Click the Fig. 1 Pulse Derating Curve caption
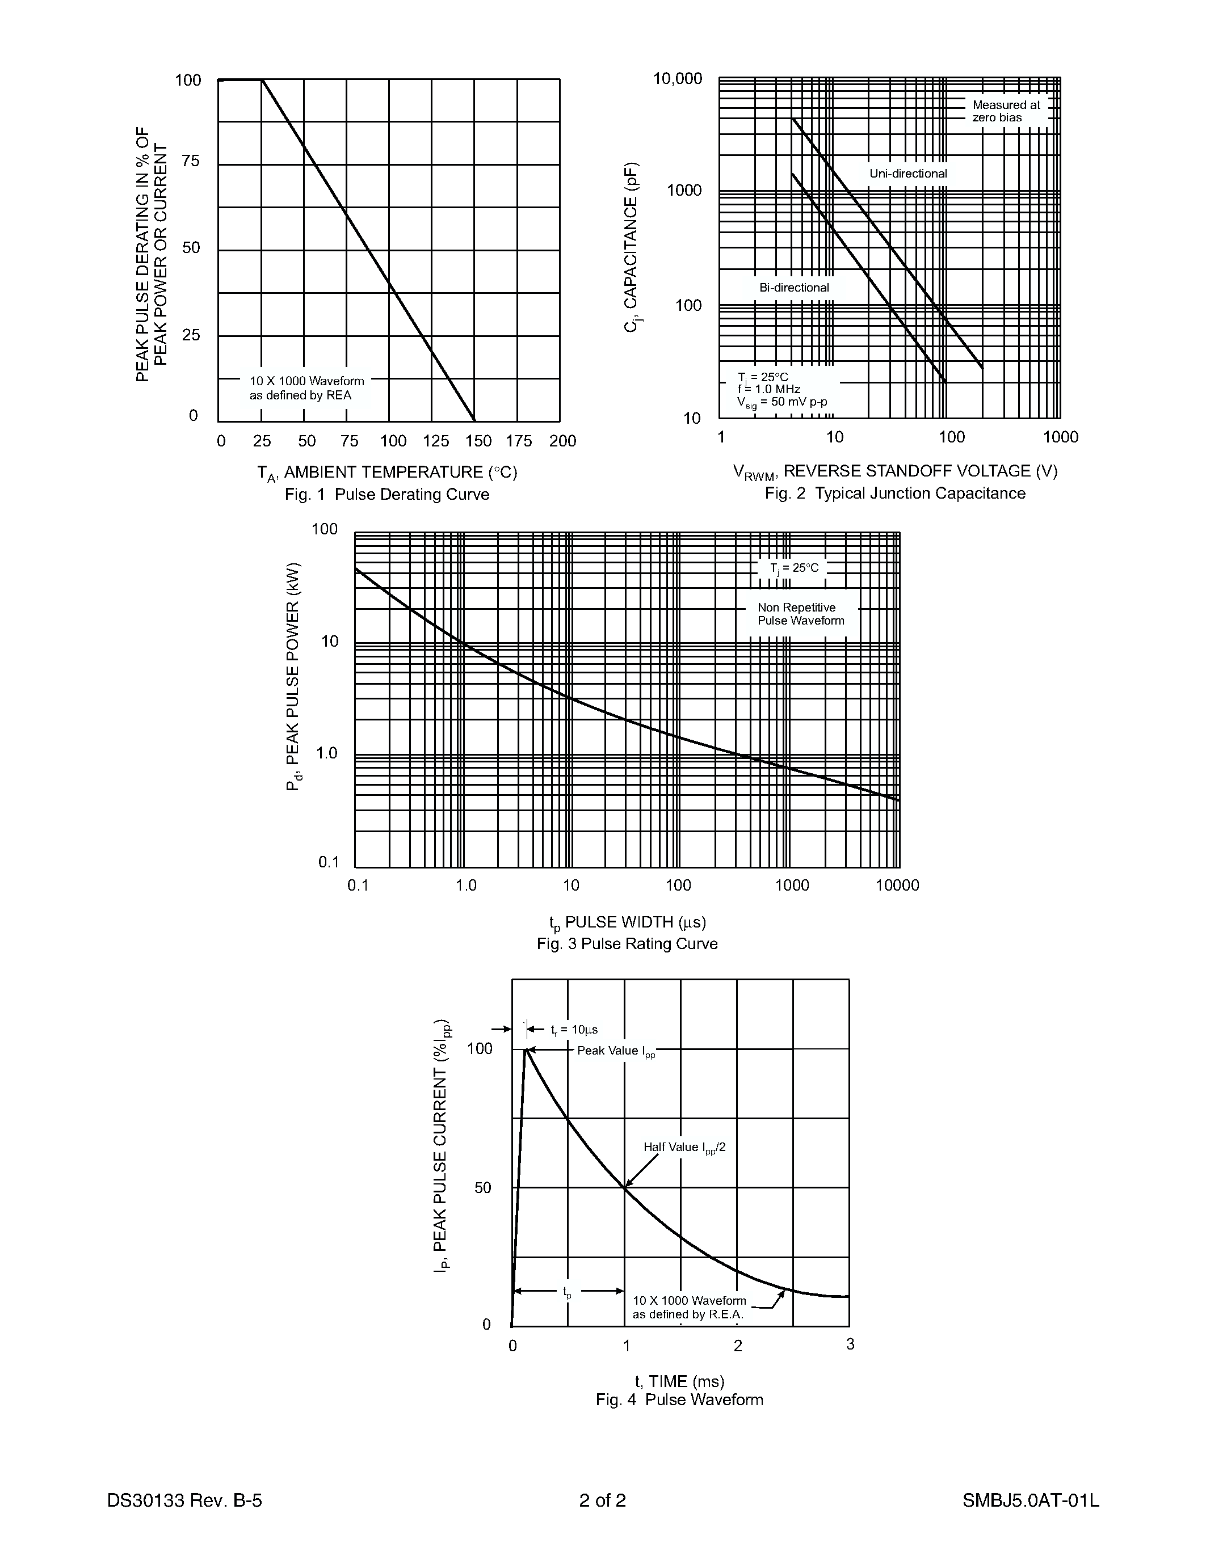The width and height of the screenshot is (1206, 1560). (x=386, y=494)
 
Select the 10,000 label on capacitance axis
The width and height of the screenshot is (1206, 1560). (x=677, y=79)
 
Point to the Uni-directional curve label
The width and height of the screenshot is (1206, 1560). (x=907, y=174)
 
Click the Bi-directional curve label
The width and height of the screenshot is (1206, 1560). (x=794, y=288)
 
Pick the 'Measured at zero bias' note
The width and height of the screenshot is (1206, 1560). (x=1005, y=111)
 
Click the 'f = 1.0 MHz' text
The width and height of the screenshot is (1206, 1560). (x=769, y=389)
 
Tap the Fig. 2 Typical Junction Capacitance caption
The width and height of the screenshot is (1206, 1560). (x=894, y=493)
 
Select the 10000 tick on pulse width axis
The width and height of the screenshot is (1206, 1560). (x=897, y=886)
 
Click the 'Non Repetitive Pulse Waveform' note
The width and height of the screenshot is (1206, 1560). (x=800, y=614)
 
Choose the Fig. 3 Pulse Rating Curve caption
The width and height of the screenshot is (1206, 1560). (x=627, y=943)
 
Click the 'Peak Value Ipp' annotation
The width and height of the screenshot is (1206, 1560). (x=615, y=1051)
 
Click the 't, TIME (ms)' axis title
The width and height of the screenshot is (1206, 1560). (x=679, y=1381)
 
